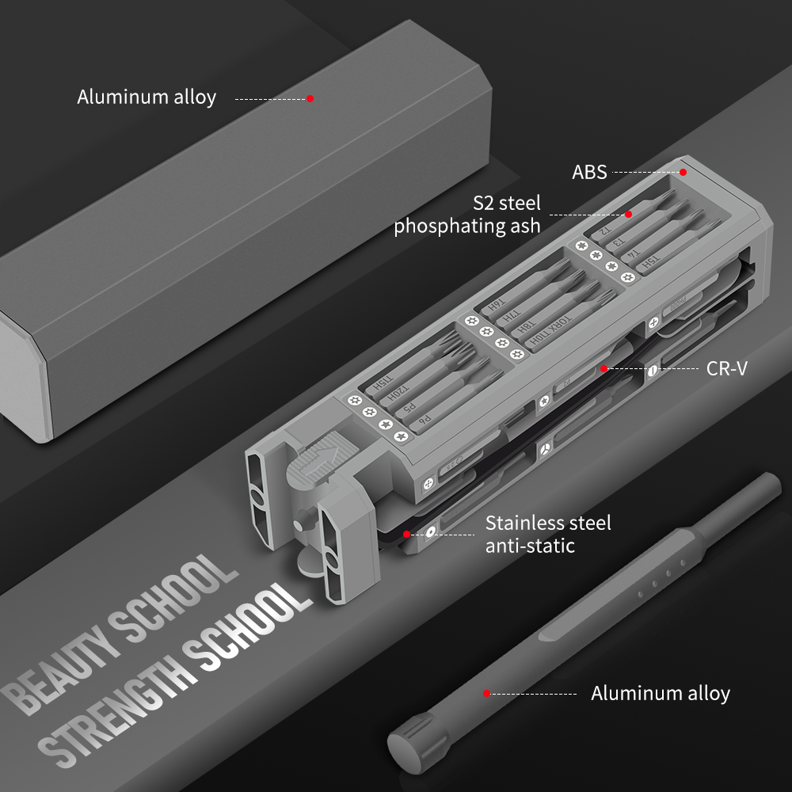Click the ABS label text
coord(589,172)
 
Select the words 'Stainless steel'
coord(548,523)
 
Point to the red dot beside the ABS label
coord(683,171)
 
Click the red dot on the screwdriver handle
coord(486,693)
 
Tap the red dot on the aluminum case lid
coord(310,98)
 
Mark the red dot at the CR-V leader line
coord(604,368)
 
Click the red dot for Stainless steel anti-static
coord(406,535)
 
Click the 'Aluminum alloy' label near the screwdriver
coord(660,694)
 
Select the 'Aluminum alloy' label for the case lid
coord(147,97)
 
